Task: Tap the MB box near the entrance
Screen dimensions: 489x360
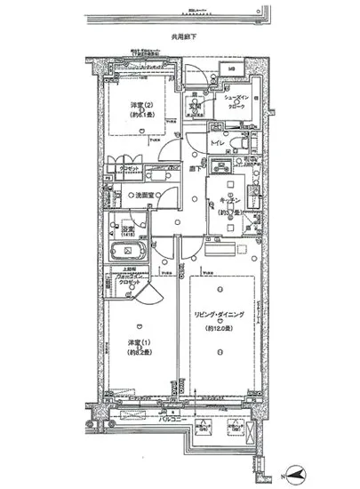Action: [x=230, y=70]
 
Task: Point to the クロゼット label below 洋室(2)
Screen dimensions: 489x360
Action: [x=129, y=169]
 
